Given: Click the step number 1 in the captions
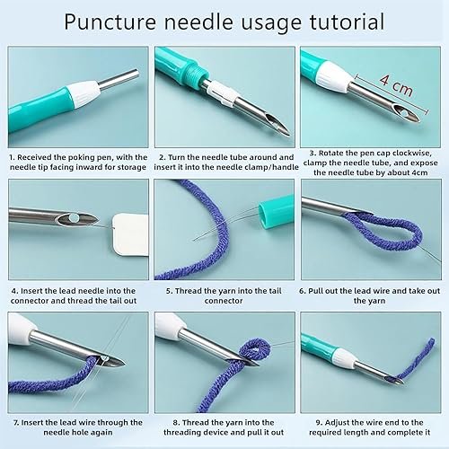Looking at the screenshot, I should [12, 158].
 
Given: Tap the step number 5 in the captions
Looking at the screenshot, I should [168, 290].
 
